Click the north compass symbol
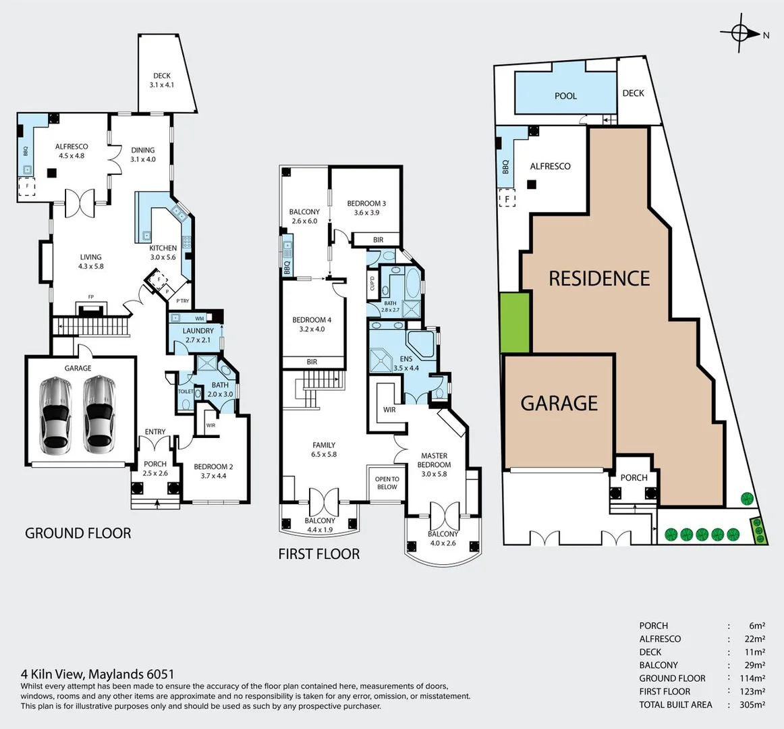pyautogui.click(x=740, y=32)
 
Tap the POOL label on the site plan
pyautogui.click(x=565, y=96)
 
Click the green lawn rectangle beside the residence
pyautogui.click(x=515, y=323)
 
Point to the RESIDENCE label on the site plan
pyautogui.click(x=599, y=278)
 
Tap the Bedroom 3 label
pyautogui.click(x=366, y=204)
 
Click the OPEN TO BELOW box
pyautogui.click(x=387, y=483)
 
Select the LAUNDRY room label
pyautogui.click(x=198, y=331)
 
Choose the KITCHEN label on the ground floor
pyautogui.click(x=163, y=248)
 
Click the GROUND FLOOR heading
pyautogui.click(x=78, y=533)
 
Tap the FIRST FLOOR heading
pyautogui.click(x=319, y=554)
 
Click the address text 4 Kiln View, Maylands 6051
pyautogui.click(x=98, y=674)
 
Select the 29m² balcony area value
pyautogui.click(x=754, y=665)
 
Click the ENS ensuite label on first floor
pyautogui.click(x=405, y=359)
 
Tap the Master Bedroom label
pyautogui.click(x=434, y=460)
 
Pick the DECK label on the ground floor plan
pyautogui.click(x=162, y=76)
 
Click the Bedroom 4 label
pyautogui.click(x=311, y=320)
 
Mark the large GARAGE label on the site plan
pyautogui.click(x=559, y=403)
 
